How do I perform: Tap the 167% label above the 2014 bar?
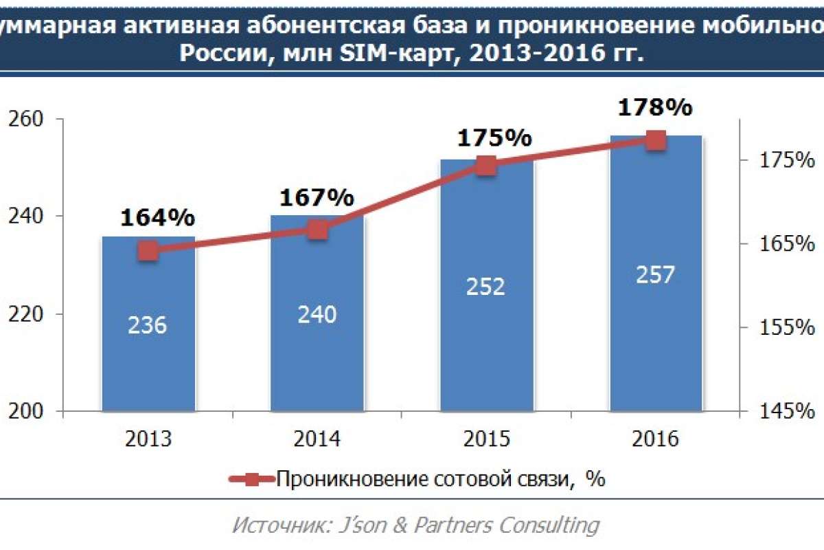pos(317,198)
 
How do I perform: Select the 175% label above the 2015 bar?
pos(494,137)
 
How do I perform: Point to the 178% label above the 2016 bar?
pos(655,109)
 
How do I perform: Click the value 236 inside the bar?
pos(148,324)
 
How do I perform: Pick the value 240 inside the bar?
pos(317,315)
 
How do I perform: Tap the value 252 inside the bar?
pos(486,286)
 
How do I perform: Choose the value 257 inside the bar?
pos(656,274)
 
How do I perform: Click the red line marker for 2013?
pos(148,251)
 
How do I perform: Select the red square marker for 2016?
pos(656,141)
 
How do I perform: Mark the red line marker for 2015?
pos(486,166)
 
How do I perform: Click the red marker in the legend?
pos(252,479)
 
